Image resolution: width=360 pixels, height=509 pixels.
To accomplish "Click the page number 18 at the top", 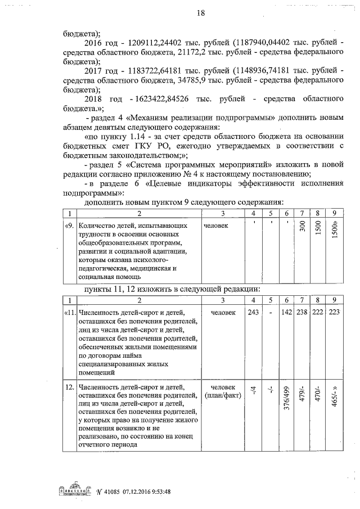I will click(184, 13).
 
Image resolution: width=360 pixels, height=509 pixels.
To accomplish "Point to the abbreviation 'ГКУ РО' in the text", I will click(160, 148).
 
